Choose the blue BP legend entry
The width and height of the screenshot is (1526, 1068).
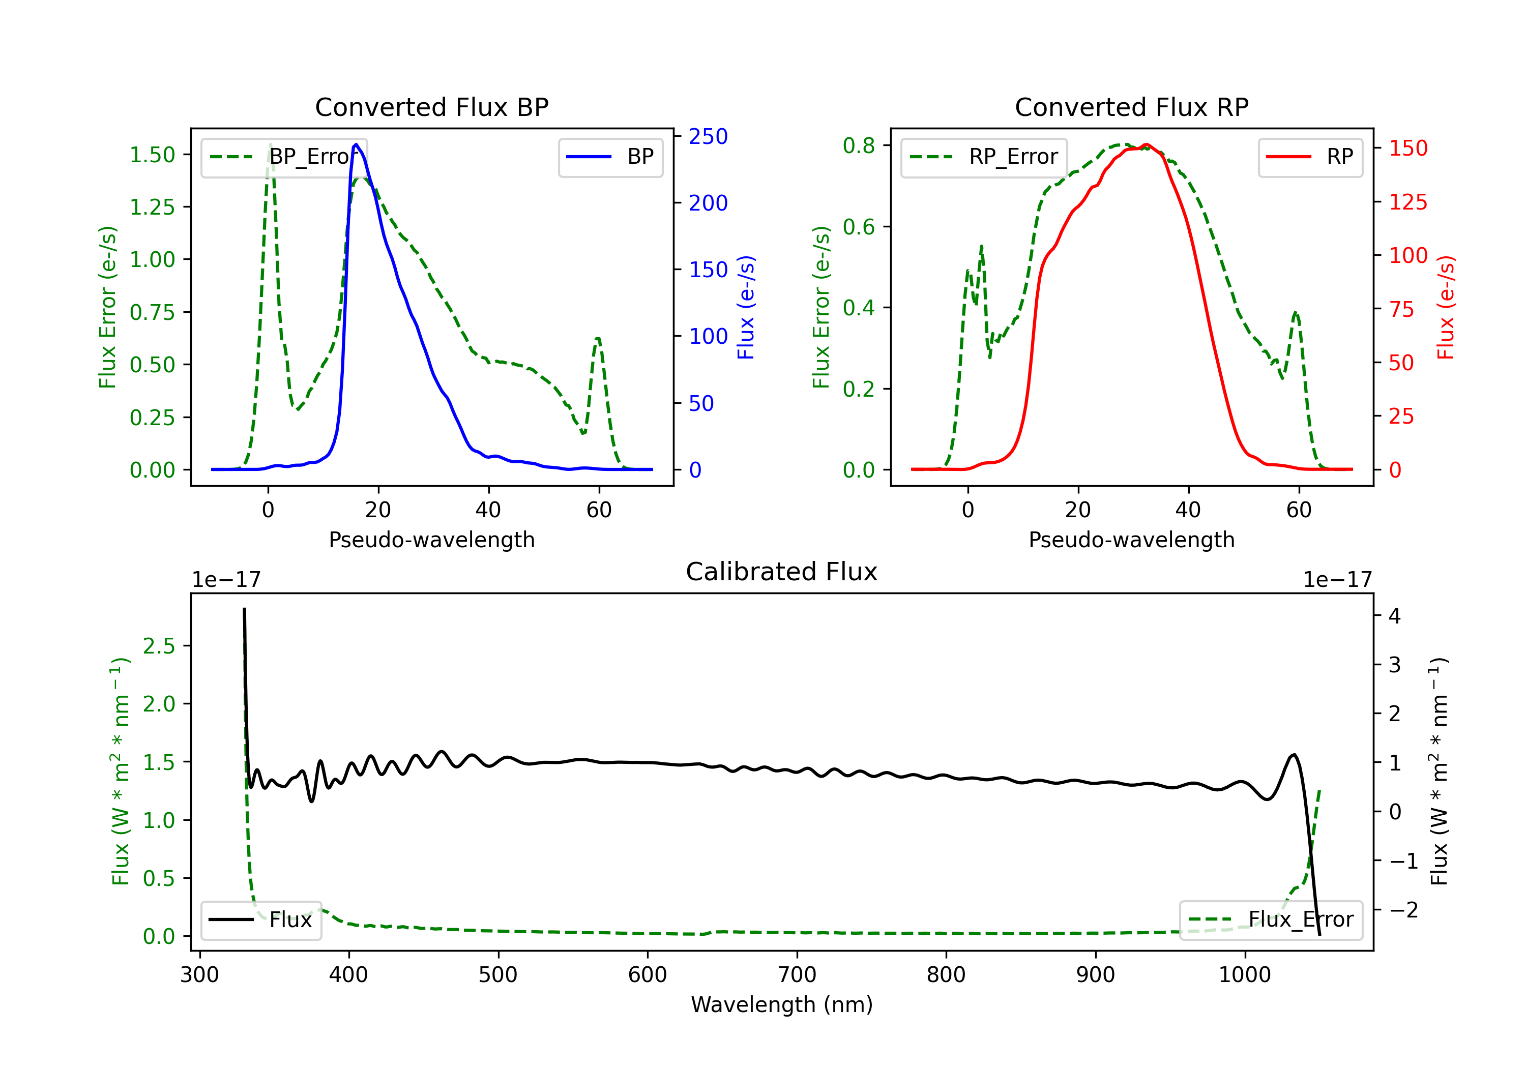pos(610,158)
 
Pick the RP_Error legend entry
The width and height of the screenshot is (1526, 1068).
pos(984,158)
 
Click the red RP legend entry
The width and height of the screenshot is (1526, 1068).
pos(1310,158)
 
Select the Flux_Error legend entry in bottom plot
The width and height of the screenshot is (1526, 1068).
pos(1270,920)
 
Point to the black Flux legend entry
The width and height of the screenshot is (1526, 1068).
pos(261,920)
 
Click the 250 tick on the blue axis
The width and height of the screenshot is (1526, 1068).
pos(708,137)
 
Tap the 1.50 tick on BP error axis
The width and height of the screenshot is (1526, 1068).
pos(152,155)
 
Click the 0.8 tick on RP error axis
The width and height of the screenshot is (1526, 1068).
pos(859,145)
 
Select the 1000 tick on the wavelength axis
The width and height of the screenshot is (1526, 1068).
pos(1244,975)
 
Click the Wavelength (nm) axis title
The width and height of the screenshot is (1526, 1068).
pos(782,1005)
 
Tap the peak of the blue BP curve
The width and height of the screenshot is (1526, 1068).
pos(356,144)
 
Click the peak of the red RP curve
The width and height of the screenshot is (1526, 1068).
pos(1147,145)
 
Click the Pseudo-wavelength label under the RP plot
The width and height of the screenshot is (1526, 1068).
pos(1131,540)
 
